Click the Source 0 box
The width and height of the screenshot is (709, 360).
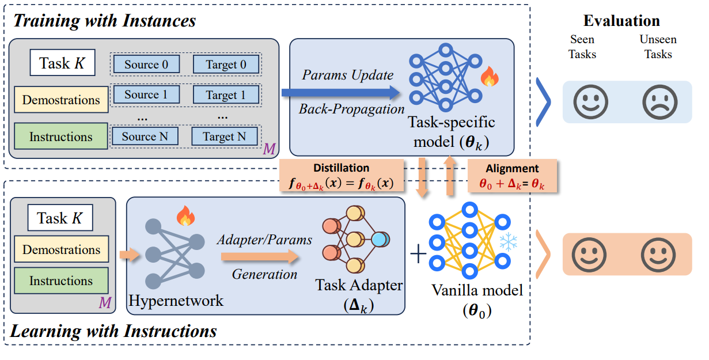coord(146,65)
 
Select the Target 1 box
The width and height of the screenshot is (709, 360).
coord(226,94)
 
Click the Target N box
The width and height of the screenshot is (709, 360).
coord(224,137)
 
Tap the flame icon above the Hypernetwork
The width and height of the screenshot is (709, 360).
coord(185,216)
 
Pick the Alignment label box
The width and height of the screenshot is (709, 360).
coord(512,175)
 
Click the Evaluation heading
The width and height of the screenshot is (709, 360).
coord(621,21)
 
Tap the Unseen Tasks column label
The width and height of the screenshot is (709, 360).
coord(658,47)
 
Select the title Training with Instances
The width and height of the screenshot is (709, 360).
coord(104,21)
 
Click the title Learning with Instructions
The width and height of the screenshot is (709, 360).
coord(114,332)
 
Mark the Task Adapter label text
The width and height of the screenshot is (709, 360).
coord(359,286)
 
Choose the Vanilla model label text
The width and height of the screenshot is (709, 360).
coord(477,290)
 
